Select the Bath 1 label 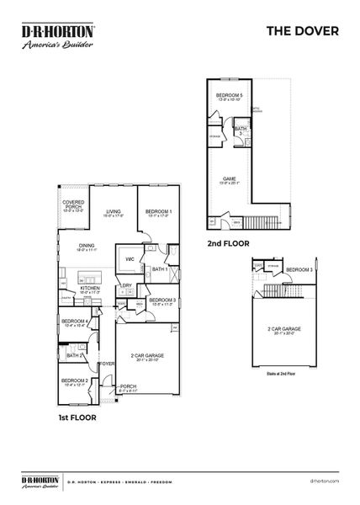(160, 269)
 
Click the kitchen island (90, 275)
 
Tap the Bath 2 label (72, 355)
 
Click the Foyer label (107, 364)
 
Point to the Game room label (229, 179)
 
